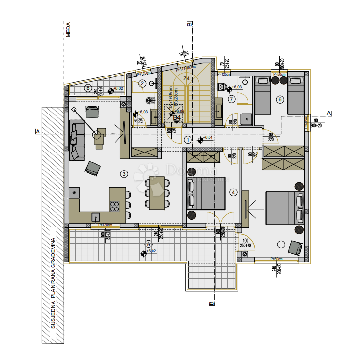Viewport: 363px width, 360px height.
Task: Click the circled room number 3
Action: [x=124, y=173]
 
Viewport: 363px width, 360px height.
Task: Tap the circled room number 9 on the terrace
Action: [x=148, y=244]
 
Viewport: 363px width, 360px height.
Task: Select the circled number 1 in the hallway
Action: [x=189, y=140]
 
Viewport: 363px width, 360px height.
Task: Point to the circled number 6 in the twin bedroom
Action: [x=279, y=99]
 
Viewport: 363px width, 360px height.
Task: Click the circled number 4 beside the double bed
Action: [x=234, y=192]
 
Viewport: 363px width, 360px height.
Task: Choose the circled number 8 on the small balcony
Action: [x=88, y=88]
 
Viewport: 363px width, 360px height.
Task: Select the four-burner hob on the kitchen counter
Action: [x=115, y=206]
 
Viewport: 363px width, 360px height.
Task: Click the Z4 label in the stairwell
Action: [x=186, y=78]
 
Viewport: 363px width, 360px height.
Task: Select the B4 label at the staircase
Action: [x=177, y=117]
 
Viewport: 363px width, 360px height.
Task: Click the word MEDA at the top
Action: [x=68, y=30]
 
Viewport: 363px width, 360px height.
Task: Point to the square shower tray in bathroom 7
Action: [x=247, y=118]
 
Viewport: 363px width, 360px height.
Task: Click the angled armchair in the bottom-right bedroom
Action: [x=295, y=247]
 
